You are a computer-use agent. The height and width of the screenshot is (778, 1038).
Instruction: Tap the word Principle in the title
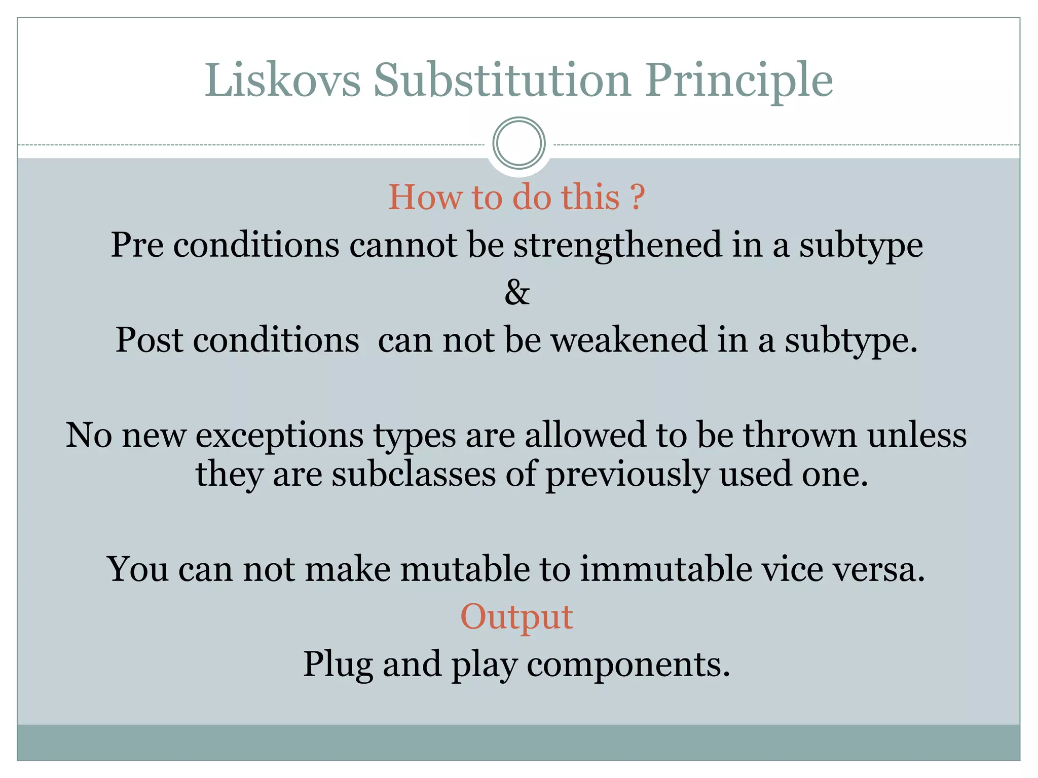[x=738, y=81]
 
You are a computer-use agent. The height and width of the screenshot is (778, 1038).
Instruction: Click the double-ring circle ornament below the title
[x=518, y=143]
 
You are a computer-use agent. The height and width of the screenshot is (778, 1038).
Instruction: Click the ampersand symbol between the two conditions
[x=517, y=292]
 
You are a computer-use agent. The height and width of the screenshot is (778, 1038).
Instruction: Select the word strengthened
[x=617, y=245]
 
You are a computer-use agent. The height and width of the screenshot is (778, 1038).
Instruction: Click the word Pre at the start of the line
[x=137, y=245]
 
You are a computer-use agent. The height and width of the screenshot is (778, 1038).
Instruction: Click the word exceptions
[x=279, y=436]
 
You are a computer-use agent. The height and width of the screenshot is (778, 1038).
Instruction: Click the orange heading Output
[x=516, y=617]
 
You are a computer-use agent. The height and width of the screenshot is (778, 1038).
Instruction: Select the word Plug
[x=337, y=665]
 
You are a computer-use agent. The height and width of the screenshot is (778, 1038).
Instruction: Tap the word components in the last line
[x=628, y=665]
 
